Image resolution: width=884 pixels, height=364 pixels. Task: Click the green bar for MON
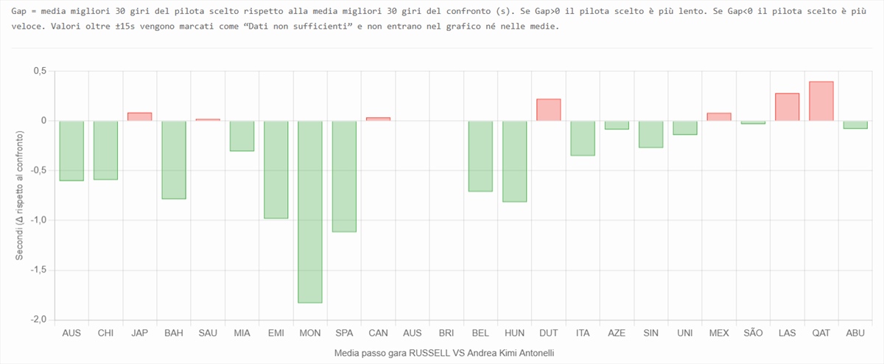tap(310, 211)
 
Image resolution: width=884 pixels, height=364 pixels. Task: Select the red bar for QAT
tap(821, 101)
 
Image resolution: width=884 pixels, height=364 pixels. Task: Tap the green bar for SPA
tap(344, 176)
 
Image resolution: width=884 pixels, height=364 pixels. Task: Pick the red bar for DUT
tap(549, 110)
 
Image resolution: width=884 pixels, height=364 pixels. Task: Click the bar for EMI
tap(276, 169)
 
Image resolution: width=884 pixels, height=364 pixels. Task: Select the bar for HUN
tap(515, 161)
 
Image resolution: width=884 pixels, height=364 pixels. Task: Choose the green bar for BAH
tap(174, 160)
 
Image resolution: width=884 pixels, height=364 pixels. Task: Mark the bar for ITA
tap(583, 138)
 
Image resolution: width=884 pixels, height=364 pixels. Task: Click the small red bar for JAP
tap(140, 116)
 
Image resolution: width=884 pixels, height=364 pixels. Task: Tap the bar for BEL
tap(480, 156)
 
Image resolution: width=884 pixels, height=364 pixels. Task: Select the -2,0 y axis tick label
tap(36, 320)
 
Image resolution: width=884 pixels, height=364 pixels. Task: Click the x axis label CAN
tap(378, 333)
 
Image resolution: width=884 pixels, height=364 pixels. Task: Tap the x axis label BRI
tap(446, 333)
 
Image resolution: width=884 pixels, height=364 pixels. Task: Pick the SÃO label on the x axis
tap(753, 333)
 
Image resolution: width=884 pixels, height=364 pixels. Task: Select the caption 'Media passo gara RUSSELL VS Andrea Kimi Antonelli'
tap(444, 354)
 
